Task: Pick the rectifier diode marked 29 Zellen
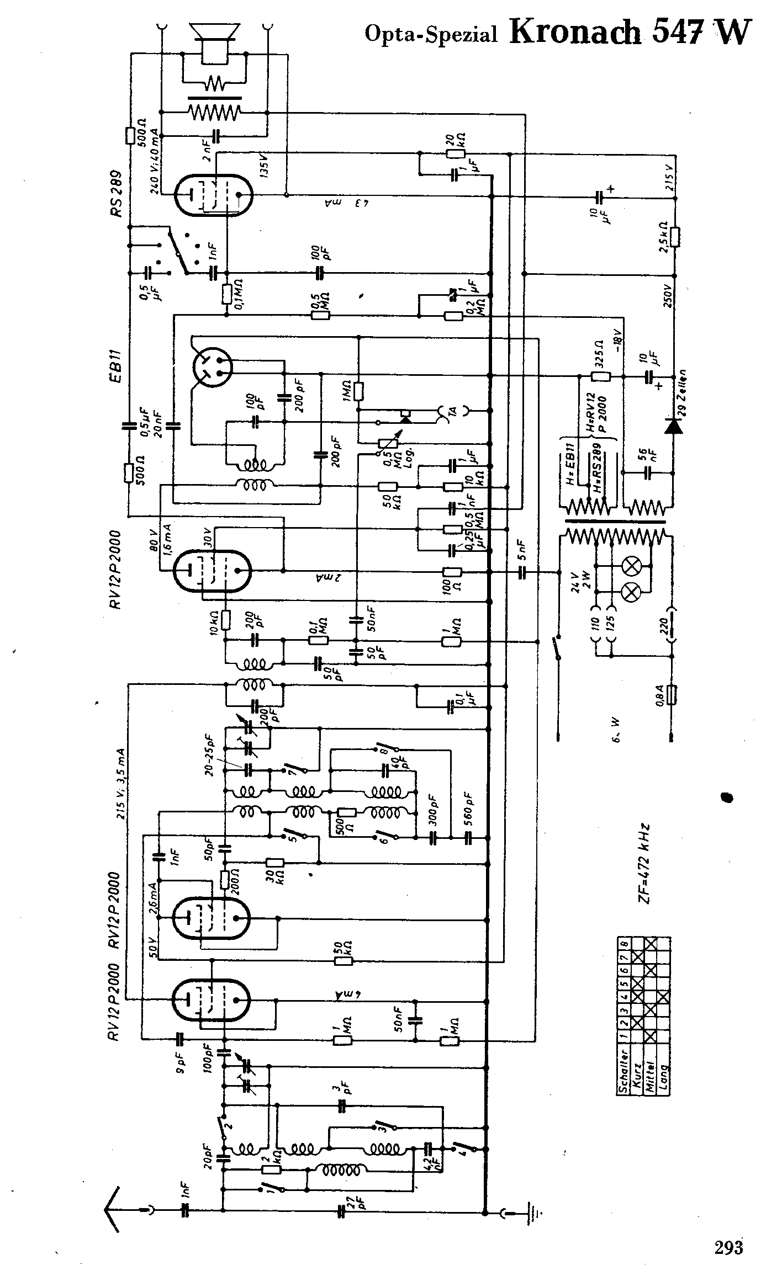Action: (673, 426)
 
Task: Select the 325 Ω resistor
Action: (600, 377)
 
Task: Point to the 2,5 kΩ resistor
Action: (674, 237)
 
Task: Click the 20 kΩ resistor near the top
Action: (457, 153)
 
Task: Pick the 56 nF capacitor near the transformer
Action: (648, 473)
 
